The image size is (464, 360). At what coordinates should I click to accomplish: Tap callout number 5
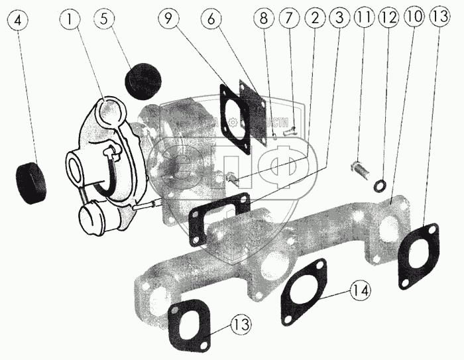103,20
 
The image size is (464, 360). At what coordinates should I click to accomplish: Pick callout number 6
211,20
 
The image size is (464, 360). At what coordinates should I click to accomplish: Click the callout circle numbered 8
264,20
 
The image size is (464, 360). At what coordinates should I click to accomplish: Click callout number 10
414,20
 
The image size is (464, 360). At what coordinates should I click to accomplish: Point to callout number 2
316,20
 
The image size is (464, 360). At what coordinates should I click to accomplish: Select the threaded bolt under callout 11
361,170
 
